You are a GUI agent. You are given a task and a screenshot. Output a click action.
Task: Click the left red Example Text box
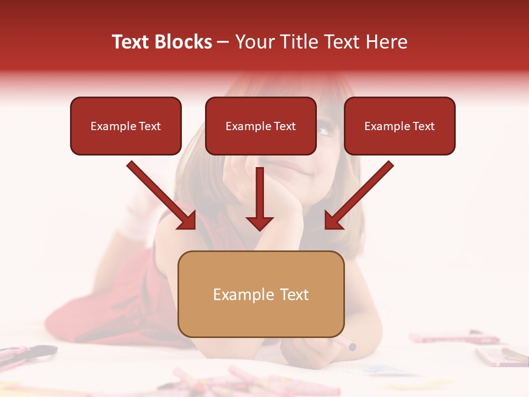pyautogui.click(x=126, y=126)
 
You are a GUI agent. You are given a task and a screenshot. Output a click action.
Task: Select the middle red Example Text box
pyautogui.click(x=261, y=126)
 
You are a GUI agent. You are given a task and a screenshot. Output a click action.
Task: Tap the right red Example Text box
pyautogui.click(x=400, y=126)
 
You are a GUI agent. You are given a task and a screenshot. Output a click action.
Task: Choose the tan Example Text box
pyautogui.click(x=261, y=294)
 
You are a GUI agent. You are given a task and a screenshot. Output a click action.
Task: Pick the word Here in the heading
pyautogui.click(x=387, y=42)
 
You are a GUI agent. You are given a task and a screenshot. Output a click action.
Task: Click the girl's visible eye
pyautogui.click(x=325, y=131)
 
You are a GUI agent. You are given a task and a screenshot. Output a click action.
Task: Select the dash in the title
pyautogui.click(x=223, y=42)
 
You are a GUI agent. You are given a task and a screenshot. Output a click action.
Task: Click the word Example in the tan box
pyautogui.click(x=238, y=294)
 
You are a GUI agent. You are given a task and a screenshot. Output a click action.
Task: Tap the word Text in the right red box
pyautogui.click(x=423, y=126)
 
